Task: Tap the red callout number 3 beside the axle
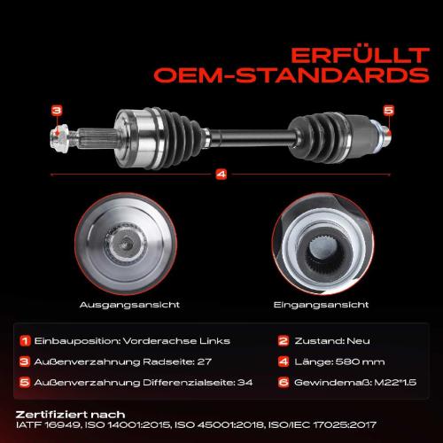(56, 110)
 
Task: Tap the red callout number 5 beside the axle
(387, 110)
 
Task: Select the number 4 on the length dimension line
(221, 173)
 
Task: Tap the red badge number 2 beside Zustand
(283, 340)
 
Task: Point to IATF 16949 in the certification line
(44, 425)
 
